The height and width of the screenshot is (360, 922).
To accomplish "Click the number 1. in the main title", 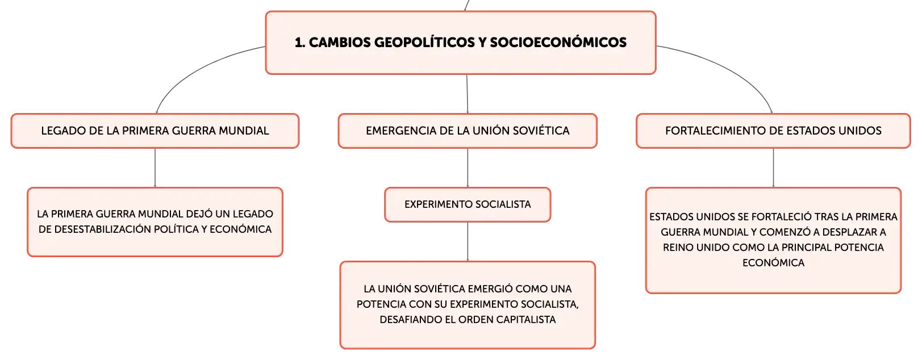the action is (x=299, y=43).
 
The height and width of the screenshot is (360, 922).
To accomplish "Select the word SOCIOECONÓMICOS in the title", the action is (x=558, y=43).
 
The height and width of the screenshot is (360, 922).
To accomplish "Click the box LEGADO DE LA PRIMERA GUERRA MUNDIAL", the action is (x=155, y=131).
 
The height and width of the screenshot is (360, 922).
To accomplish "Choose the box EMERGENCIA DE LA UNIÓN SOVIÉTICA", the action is (x=468, y=131).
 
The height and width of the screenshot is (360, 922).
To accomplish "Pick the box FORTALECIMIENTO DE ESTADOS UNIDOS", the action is (x=773, y=131).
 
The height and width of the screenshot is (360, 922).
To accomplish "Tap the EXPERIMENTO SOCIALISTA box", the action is (x=468, y=204).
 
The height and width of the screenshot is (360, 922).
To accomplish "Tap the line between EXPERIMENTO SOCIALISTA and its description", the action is (x=468, y=241).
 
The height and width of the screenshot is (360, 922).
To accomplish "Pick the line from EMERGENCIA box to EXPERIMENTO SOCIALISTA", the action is (x=468, y=168).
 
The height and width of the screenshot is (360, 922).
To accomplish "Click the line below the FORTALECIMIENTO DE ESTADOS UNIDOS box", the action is (x=773, y=168).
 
